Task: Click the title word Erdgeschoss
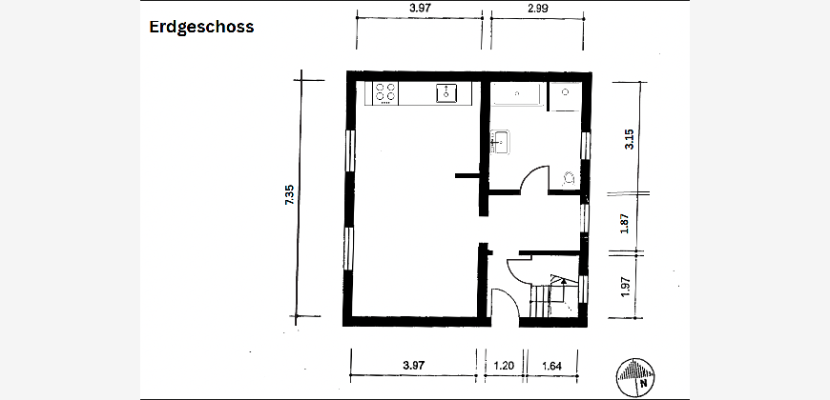click(201, 28)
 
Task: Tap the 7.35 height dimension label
click(290, 195)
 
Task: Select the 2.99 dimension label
click(538, 8)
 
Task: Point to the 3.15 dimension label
click(629, 139)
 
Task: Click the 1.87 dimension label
click(625, 224)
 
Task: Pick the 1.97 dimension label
click(625, 288)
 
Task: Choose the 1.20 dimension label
click(504, 365)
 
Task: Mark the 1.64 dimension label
click(551, 365)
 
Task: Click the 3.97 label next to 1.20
click(414, 365)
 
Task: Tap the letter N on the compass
click(644, 384)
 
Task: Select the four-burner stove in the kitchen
click(385, 93)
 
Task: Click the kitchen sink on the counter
click(446, 93)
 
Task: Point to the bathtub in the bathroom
click(518, 94)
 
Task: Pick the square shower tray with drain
click(565, 96)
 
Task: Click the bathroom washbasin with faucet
click(500, 142)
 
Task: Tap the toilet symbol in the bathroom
click(569, 178)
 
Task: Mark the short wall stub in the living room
click(467, 175)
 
